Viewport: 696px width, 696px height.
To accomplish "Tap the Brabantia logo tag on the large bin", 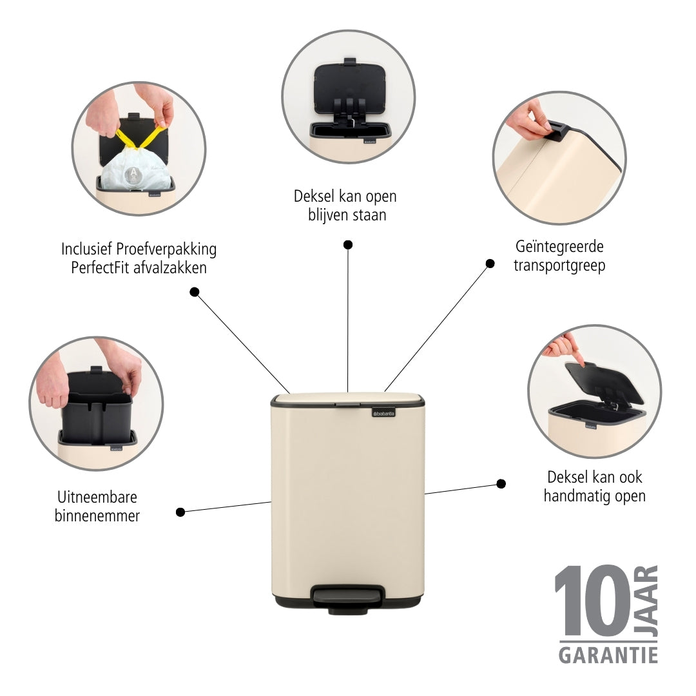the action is [x=383, y=413].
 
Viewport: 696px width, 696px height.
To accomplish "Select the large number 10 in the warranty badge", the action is [x=593, y=601].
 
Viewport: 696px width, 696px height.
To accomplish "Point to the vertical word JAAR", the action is [x=646, y=601].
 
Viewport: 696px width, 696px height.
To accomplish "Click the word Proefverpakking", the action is [x=166, y=249].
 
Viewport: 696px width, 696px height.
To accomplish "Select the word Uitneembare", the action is [x=97, y=497].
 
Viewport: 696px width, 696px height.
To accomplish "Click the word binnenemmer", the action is [x=97, y=516].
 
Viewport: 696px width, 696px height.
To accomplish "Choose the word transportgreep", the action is [x=559, y=266].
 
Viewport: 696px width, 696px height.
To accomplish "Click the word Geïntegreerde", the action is [x=559, y=246].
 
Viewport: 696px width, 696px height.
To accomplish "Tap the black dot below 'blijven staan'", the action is [x=348, y=245].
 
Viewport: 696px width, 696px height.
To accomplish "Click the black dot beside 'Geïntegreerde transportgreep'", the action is [x=490, y=264].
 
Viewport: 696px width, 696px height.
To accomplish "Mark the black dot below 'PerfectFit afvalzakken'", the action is [x=195, y=292].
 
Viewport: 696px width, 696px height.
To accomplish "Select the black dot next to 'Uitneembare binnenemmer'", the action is [x=180, y=512].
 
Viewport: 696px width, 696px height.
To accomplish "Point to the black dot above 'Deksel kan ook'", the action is [x=501, y=484].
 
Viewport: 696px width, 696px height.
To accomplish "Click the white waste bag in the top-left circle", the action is [x=136, y=171].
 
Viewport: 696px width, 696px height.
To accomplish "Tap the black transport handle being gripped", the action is [x=557, y=131].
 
